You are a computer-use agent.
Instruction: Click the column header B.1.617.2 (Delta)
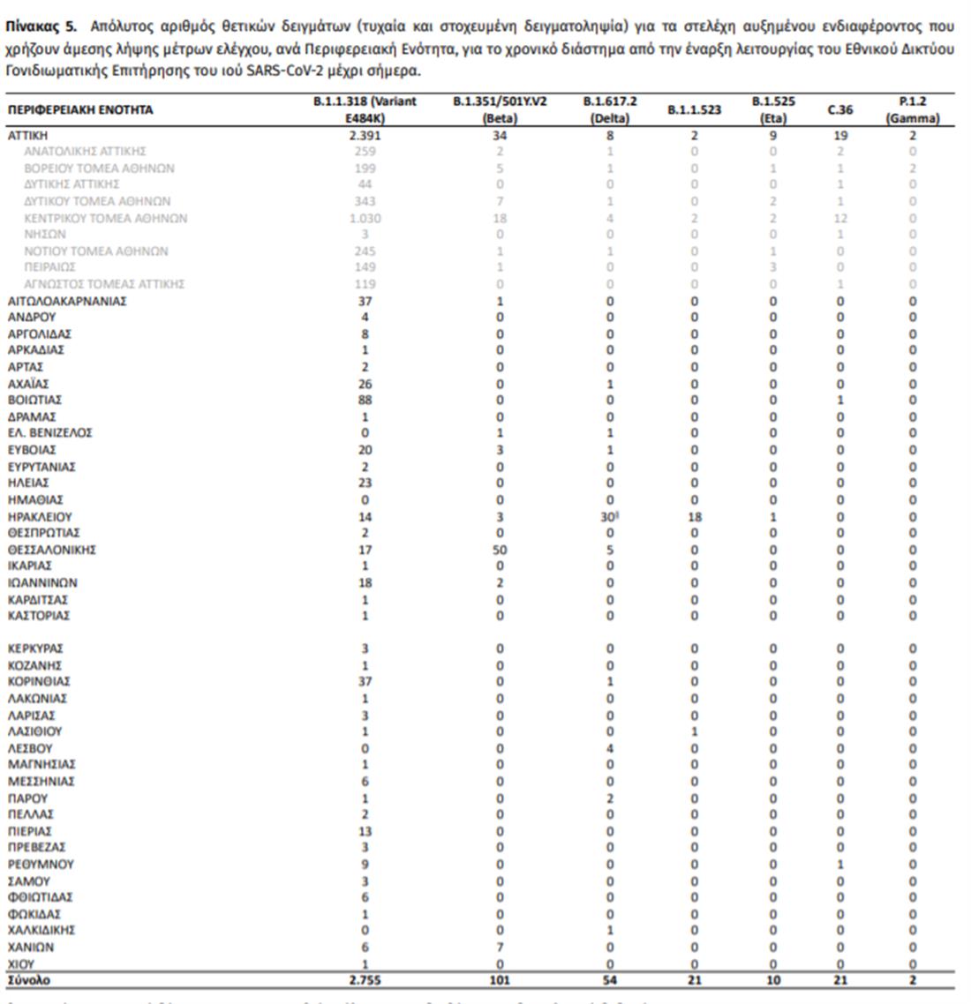pos(609,109)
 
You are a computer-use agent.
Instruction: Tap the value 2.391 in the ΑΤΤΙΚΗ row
pos(365,136)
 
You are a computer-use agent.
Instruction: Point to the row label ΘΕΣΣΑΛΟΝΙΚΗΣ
pos(51,550)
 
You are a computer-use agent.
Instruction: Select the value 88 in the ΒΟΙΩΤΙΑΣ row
pos(365,400)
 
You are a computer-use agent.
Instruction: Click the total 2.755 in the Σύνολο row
pos(365,980)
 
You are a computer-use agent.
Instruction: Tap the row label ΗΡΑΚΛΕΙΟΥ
pos(40,517)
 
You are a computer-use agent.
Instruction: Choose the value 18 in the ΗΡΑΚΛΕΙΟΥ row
pos(695,517)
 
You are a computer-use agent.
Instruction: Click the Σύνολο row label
pos(29,980)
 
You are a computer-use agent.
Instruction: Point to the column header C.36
pos(839,110)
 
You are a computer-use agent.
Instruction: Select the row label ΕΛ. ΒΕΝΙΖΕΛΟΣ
pos(49,433)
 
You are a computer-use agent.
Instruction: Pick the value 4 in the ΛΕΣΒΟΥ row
pos(610,748)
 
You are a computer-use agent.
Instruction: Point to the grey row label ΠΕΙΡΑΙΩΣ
pos(49,267)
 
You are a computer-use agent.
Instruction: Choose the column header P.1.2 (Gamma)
pos(913,109)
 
